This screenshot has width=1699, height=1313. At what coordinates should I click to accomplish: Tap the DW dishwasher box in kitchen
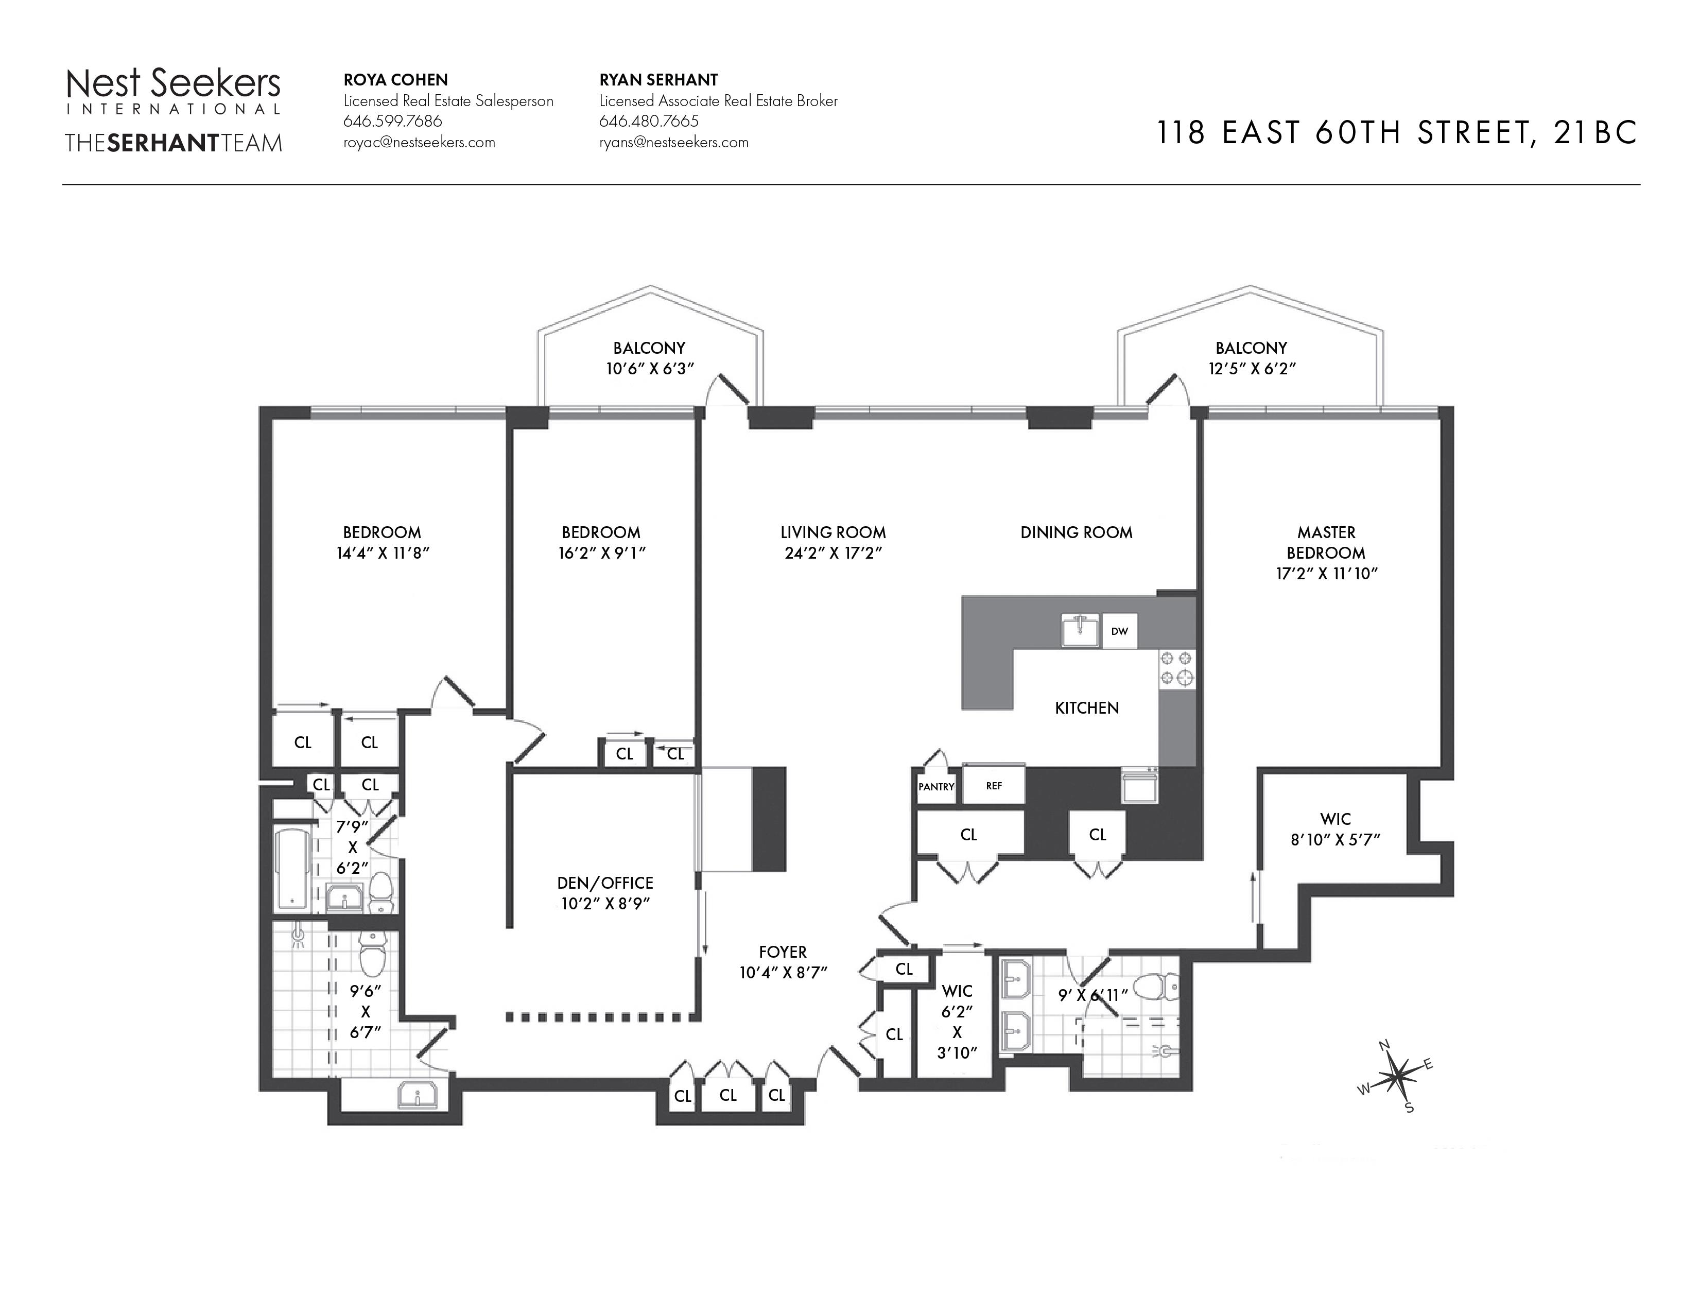pos(1119,631)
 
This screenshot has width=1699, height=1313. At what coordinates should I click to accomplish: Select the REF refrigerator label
pos(994,786)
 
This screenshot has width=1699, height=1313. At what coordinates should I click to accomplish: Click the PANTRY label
pos(936,786)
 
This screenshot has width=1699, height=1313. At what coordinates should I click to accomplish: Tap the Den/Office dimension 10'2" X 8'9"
pos(605,903)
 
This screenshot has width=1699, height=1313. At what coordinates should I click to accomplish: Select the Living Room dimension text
pos(833,553)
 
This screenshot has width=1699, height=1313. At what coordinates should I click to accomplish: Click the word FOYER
pos(783,952)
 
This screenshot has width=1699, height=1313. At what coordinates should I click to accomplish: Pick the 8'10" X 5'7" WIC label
pos(1336,829)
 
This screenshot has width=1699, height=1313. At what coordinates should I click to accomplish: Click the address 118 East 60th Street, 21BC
pos(1397,133)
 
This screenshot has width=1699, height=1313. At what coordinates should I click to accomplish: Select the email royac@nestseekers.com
pos(419,142)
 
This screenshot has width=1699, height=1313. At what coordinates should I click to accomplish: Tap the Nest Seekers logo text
pos(174,83)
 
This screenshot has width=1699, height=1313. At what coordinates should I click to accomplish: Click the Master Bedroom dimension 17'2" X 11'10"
pos(1326,573)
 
